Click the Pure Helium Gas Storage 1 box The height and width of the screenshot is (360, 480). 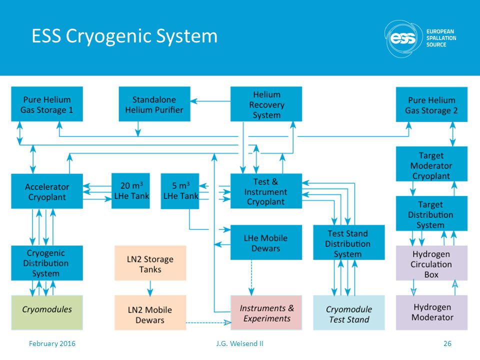coord(47,104)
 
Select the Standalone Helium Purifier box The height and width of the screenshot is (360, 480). coord(154,104)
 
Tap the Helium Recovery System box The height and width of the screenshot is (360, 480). coord(266,104)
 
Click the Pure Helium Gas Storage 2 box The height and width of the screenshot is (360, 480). coord(431,104)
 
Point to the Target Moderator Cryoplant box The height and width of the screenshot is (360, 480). coord(431,164)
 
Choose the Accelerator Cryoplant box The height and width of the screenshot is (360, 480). coord(47,191)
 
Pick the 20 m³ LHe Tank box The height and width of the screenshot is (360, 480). coord(130,191)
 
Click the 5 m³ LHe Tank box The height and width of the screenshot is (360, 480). coord(180,191)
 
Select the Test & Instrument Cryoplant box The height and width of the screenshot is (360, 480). coord(266,191)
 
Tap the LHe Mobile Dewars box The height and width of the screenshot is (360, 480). coord(266,242)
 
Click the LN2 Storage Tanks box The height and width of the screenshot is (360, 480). coord(150,263)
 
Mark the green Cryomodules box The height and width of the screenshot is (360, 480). coord(47,312)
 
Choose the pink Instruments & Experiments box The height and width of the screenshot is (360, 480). coord(266,312)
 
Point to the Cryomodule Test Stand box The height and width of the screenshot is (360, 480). coord(349,312)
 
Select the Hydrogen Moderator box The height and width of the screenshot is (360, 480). coord(431,312)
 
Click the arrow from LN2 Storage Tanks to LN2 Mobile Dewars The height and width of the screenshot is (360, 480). coord(150,288)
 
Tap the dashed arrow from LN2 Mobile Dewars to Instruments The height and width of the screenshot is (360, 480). coord(208,322)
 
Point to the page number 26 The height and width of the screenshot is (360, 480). coord(447,343)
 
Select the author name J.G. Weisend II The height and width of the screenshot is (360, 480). coord(239,343)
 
